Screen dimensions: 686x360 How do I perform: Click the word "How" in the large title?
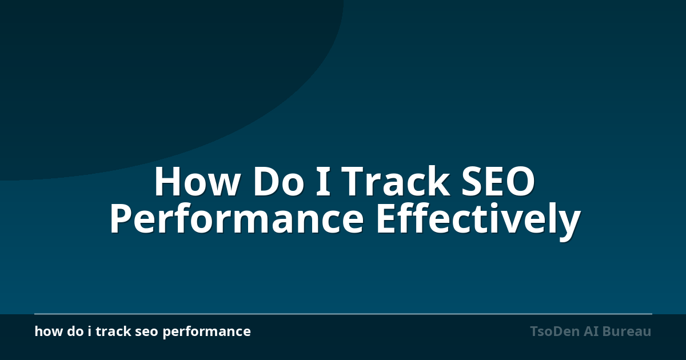pyautogui.click(x=197, y=181)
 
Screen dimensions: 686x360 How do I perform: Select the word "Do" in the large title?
pyautogui.click(x=278, y=181)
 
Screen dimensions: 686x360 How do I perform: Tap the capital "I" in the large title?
pyautogui.click(x=323, y=181)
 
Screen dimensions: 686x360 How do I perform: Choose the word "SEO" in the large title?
pyautogui.click(x=498, y=181)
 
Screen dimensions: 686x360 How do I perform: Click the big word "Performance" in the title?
pyautogui.click(x=237, y=218)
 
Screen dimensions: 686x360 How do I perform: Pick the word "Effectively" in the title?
pyautogui.click(x=478, y=221)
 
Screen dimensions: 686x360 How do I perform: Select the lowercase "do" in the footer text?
pyautogui.click(x=75, y=331)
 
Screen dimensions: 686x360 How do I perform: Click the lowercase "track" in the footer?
pyautogui.click(x=113, y=331)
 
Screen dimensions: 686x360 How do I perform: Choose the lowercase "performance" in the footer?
pyautogui.click(x=207, y=333)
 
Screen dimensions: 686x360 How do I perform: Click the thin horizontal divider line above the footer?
pyautogui.click(x=343, y=314)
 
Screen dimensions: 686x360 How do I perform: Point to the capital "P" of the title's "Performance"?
pyautogui.click(x=121, y=218)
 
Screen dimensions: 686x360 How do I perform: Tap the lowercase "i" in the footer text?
pyautogui.click(x=90, y=331)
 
